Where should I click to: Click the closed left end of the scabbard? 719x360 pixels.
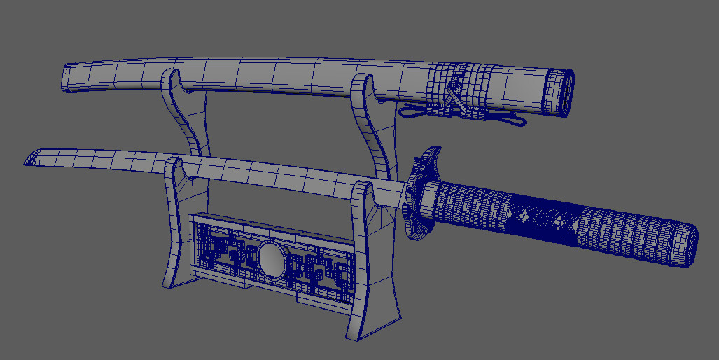click(x=69, y=76)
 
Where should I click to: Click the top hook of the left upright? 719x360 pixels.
click(x=174, y=83)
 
